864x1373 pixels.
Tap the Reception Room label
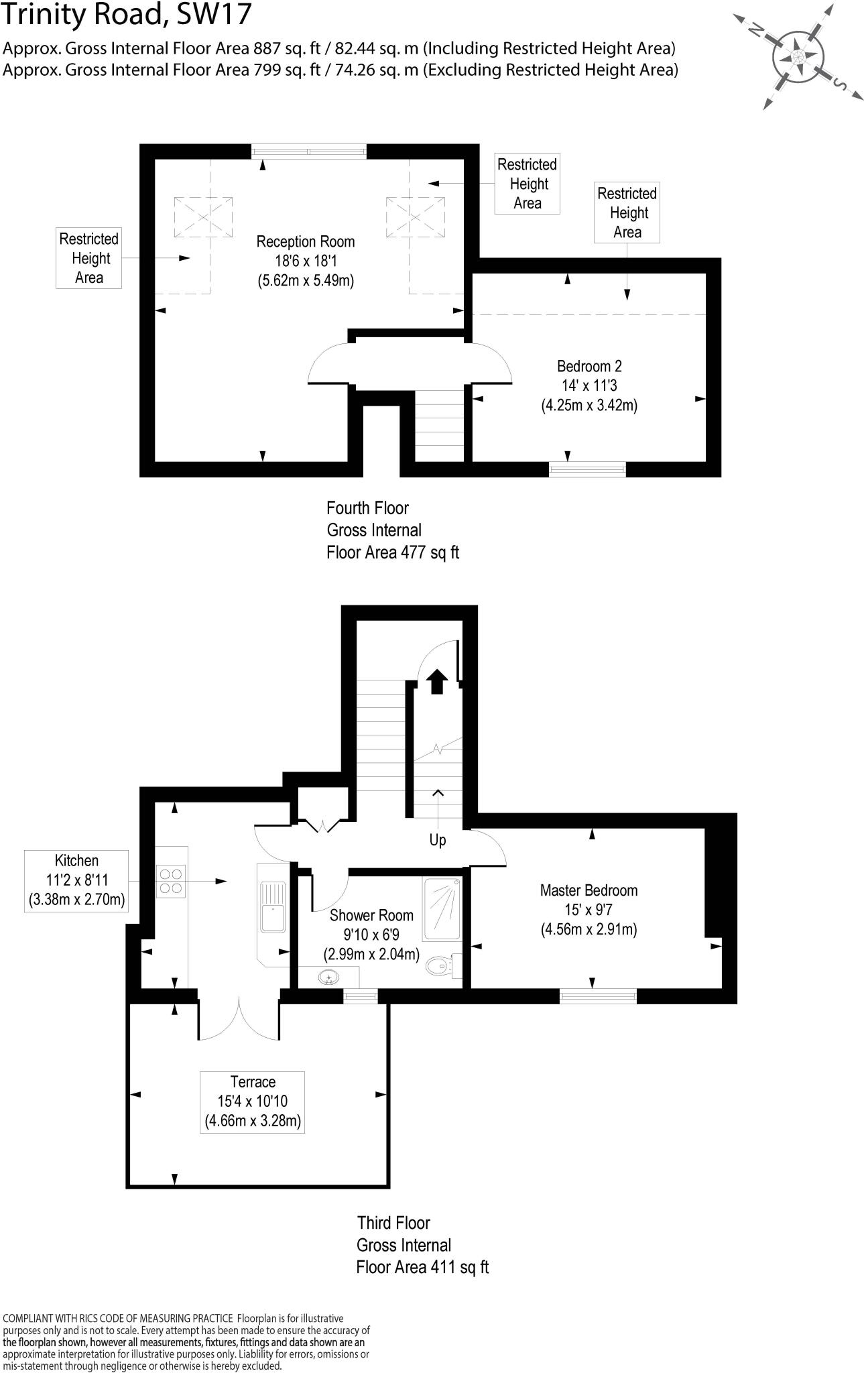306,261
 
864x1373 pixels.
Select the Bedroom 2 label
589,385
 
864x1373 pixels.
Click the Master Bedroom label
589,910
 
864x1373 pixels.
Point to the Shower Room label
371,934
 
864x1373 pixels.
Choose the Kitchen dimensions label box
77,880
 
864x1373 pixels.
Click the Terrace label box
253,1102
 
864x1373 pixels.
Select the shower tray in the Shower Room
442,909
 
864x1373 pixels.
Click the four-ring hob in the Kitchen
171,881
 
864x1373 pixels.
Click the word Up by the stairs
438,840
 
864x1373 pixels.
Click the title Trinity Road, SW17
127,15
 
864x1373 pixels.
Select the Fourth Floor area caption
393,530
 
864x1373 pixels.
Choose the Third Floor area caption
422,1245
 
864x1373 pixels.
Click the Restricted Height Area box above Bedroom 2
627,213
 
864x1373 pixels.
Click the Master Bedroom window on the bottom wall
598,996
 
